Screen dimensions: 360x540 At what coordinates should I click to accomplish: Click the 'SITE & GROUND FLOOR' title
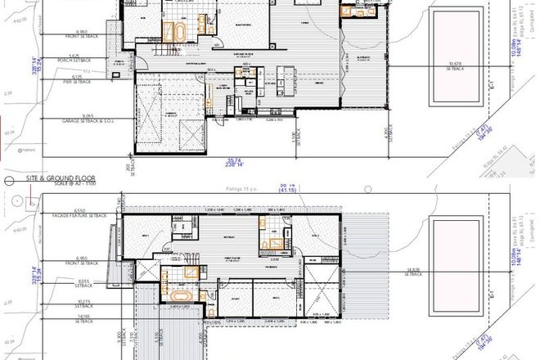tap(61, 178)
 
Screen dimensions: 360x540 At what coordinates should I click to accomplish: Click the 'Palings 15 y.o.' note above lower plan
tap(239, 188)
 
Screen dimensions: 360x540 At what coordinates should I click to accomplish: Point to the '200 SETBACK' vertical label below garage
tap(128, 168)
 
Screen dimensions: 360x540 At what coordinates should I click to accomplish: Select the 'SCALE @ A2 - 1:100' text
tap(65, 183)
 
